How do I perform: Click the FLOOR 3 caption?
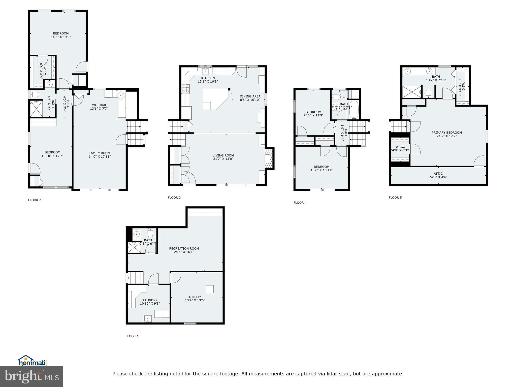tap(174, 198)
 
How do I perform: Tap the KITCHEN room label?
tap(208, 78)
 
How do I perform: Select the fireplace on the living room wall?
tap(269, 159)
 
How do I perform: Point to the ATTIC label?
tap(438, 174)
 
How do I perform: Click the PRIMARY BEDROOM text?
tap(446, 133)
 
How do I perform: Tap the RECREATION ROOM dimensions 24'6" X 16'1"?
tap(184, 252)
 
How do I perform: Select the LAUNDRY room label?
tap(150, 300)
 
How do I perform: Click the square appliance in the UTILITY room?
tap(210, 289)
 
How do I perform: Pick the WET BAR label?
tap(99, 105)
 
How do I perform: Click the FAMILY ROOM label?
tap(100, 153)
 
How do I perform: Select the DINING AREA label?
tap(250, 96)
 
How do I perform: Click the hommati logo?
tap(33, 361)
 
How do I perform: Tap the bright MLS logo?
tap(31, 377)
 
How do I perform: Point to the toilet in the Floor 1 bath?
tap(150, 234)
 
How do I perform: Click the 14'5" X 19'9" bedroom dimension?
tap(61, 37)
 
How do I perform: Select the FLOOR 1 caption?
tap(132, 336)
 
